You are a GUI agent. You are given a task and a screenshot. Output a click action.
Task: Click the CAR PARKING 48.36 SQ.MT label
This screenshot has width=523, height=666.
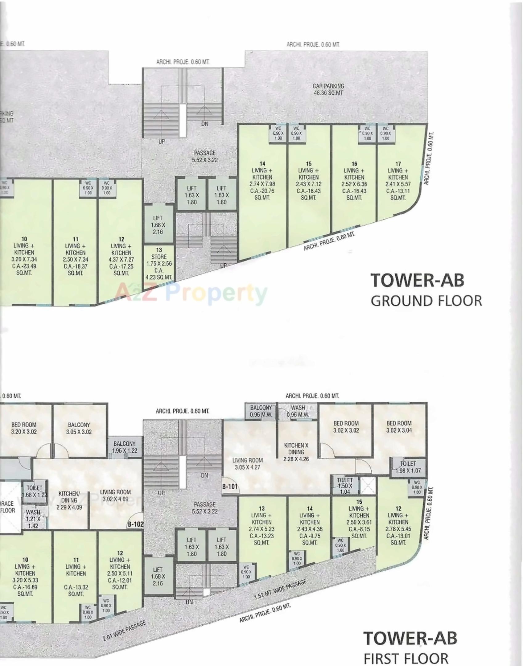pos(328,89)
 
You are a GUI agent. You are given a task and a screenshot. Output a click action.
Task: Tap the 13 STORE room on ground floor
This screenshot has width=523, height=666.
pos(159,263)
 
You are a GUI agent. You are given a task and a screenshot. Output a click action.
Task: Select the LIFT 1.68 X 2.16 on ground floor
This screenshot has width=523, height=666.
pos(158,225)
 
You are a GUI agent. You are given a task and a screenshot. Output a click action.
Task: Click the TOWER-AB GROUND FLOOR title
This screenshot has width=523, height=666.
pos(426,290)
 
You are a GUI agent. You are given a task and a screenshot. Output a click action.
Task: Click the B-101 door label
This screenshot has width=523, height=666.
pos(230,487)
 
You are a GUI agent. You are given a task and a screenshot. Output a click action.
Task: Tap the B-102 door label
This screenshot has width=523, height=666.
pos(136,524)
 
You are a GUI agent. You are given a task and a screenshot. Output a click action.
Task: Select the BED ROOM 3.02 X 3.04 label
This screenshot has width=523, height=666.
pos(399,427)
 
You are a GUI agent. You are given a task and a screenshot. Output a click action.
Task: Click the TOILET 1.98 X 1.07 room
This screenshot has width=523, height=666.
pos(408,467)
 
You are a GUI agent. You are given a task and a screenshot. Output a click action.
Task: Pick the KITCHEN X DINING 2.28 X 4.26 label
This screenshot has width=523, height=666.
pos(296,452)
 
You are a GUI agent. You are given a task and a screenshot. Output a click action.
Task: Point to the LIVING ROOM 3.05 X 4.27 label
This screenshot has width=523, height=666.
pos(248,464)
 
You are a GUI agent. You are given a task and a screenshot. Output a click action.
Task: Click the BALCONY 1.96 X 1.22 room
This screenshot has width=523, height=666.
pos(124,447)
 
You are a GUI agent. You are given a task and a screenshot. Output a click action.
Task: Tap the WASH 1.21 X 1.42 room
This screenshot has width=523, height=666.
pos(33,519)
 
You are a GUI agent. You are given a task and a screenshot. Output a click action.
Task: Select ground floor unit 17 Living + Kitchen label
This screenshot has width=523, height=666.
pos(398,180)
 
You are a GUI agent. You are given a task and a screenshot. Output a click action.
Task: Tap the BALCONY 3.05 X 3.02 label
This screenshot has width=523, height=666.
pos(79,428)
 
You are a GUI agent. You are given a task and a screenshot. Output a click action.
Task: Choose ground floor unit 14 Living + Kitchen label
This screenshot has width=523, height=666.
pos(262,180)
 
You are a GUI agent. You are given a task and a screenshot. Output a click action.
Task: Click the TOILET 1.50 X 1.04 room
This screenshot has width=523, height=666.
pos(344,486)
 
